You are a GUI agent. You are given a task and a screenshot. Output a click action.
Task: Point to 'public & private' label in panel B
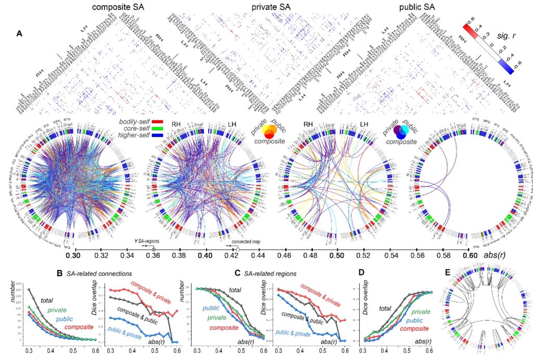[127, 330]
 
